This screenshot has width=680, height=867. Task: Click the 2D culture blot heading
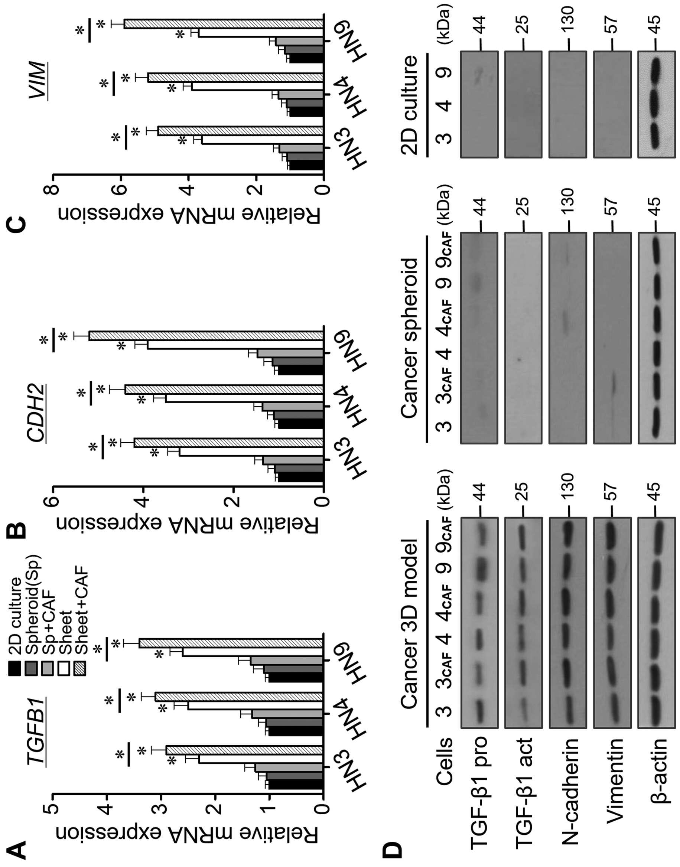[410, 105]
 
